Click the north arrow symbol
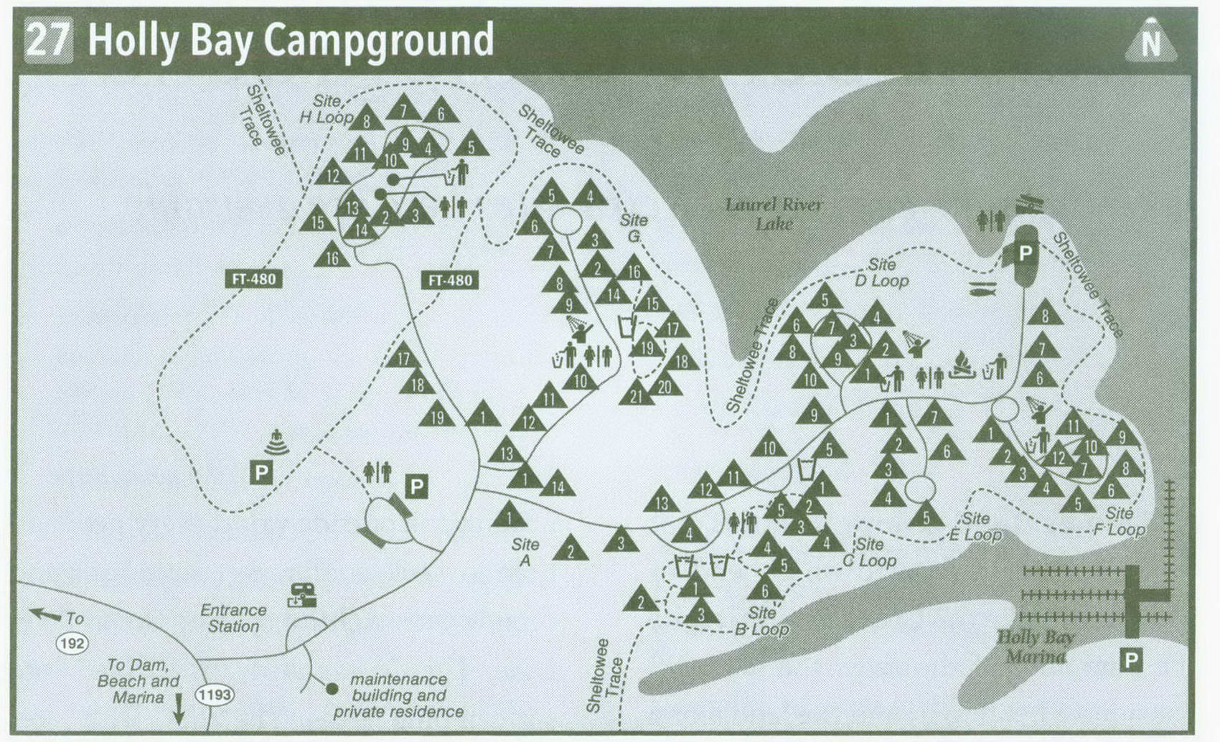[x=1150, y=42]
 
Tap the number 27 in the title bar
[x=48, y=39]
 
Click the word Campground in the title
[x=378, y=40]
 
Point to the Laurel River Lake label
[x=774, y=214]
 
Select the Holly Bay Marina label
[x=1036, y=647]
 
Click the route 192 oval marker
[x=72, y=643]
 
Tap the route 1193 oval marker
[x=215, y=695]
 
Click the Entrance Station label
[x=233, y=618]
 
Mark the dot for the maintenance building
[x=332, y=689]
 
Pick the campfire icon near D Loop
[x=962, y=366]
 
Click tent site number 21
[x=637, y=394]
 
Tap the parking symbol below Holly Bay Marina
[x=1131, y=659]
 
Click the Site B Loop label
[x=761, y=621]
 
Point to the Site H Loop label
[x=327, y=109]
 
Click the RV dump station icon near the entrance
[x=302, y=595]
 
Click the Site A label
[x=525, y=552]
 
